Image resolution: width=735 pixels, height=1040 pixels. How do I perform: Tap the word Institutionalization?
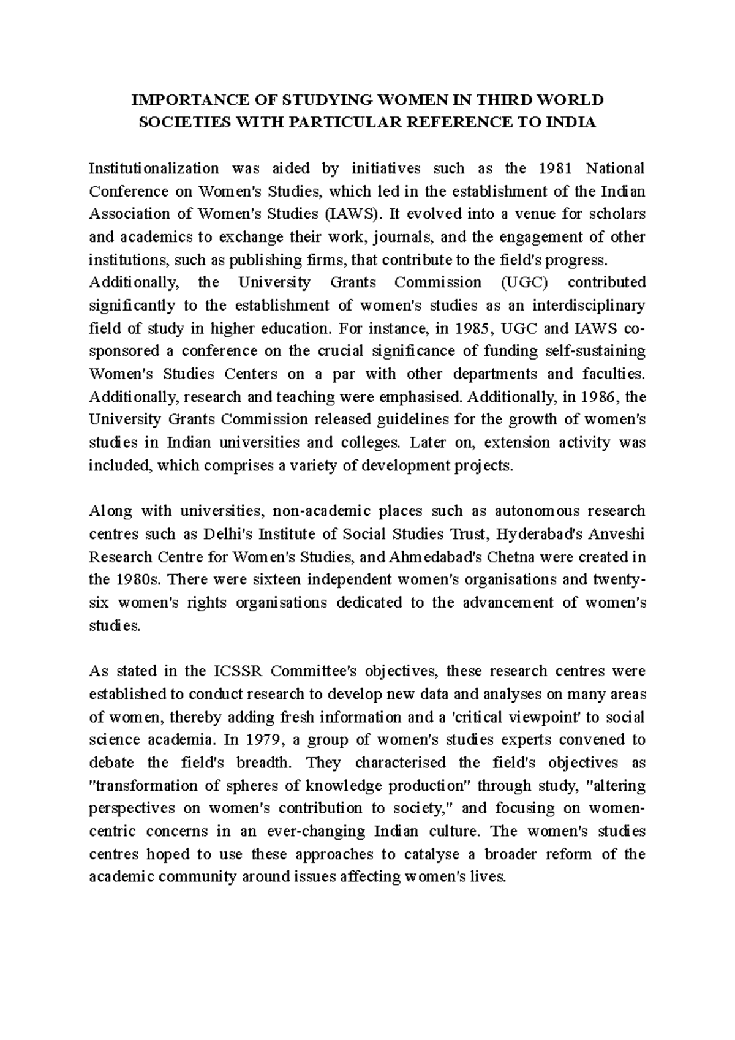pyautogui.click(x=154, y=168)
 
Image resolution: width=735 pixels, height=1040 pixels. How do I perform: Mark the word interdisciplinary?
pyautogui.click(x=588, y=306)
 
